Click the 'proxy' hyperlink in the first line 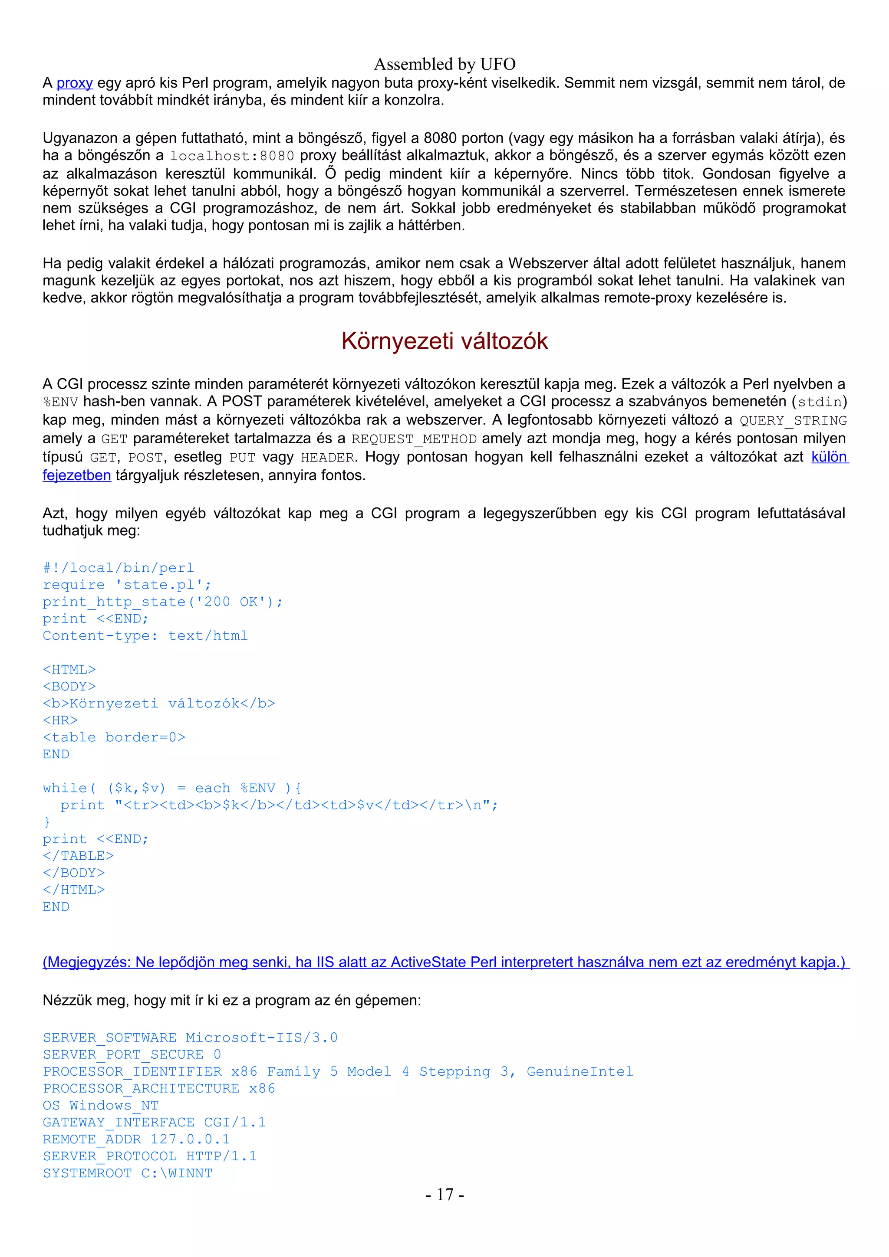[x=75, y=83]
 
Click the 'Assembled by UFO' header [x=444, y=65]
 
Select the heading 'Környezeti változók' [x=444, y=341]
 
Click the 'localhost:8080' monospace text [x=232, y=156]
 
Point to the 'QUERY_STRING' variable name [x=793, y=420]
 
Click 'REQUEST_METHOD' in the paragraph [x=414, y=439]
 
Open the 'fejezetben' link [x=77, y=475]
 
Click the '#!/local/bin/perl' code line [x=119, y=568]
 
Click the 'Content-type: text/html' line [x=145, y=635]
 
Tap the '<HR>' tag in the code [x=60, y=720]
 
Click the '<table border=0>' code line [x=114, y=737]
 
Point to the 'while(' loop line [x=171, y=788]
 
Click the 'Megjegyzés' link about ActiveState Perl [x=445, y=962]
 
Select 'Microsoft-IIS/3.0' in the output [x=261, y=1038]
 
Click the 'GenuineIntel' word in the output [x=579, y=1071]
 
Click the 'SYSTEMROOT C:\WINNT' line [x=128, y=1173]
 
